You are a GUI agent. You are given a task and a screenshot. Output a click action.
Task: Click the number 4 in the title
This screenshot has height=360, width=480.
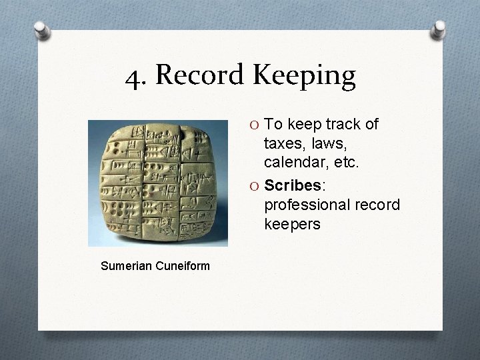pyautogui.click(x=135, y=77)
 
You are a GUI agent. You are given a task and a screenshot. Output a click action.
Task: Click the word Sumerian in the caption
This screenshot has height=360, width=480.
pyautogui.click(x=127, y=266)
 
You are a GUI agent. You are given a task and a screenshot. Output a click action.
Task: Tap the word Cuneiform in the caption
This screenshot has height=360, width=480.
pyautogui.click(x=183, y=266)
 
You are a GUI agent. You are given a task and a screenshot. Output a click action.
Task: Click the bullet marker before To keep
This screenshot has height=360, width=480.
pyautogui.click(x=255, y=125)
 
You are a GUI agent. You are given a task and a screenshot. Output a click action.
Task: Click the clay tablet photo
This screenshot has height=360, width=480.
pyautogui.click(x=158, y=184)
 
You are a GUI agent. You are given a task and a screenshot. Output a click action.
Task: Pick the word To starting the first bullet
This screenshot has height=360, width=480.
pyautogui.click(x=274, y=124)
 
